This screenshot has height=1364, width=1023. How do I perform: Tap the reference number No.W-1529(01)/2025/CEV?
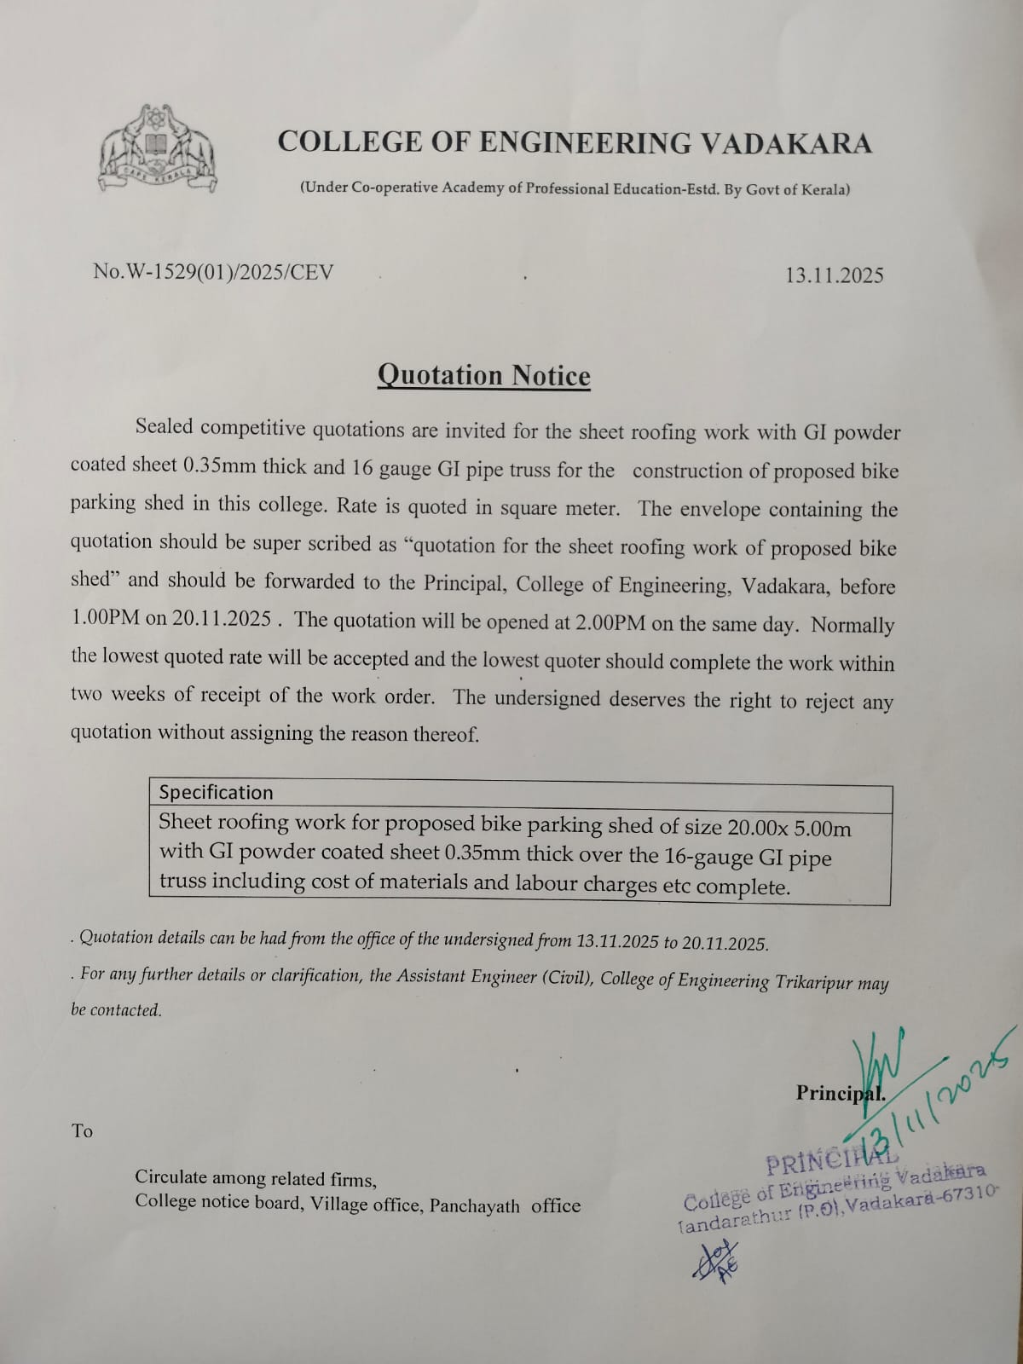tap(213, 272)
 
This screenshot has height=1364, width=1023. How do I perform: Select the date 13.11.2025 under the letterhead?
tap(835, 275)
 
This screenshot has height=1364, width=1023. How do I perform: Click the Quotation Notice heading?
tap(483, 376)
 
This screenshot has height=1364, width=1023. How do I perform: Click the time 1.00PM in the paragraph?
tap(105, 618)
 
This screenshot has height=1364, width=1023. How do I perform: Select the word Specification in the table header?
tap(217, 792)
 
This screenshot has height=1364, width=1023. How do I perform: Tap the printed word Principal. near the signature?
tap(841, 1092)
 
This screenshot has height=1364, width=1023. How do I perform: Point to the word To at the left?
tap(82, 1131)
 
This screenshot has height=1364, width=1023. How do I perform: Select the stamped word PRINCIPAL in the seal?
tap(831, 1159)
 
